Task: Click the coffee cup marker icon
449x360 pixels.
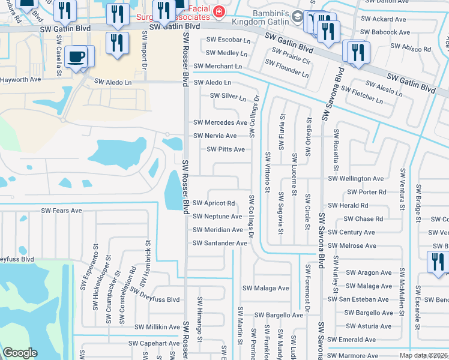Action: point(76,57)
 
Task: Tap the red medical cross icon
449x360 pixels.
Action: point(219,11)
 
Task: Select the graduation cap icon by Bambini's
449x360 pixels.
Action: point(297,16)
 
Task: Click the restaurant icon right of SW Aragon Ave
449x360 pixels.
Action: point(437,261)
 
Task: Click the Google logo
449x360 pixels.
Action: point(20,353)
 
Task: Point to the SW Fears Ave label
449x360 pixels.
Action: point(61,211)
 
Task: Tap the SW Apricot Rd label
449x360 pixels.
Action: point(213,203)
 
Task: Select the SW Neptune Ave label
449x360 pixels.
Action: point(217,217)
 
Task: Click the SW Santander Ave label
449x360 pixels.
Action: point(220,243)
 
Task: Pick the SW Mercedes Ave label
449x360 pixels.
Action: point(220,122)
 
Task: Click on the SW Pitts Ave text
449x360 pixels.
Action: point(226,149)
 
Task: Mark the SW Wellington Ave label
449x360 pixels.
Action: point(355,179)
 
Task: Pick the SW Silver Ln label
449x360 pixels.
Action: point(228,97)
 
